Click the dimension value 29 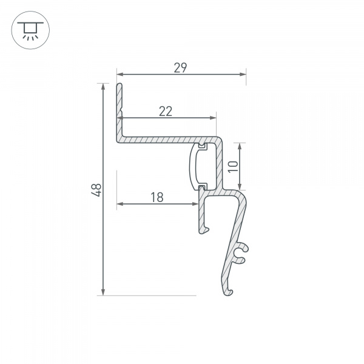pos(180,67)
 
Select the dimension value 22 pos(166,110)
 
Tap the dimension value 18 pos(157,197)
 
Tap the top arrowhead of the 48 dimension pos(104,86)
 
